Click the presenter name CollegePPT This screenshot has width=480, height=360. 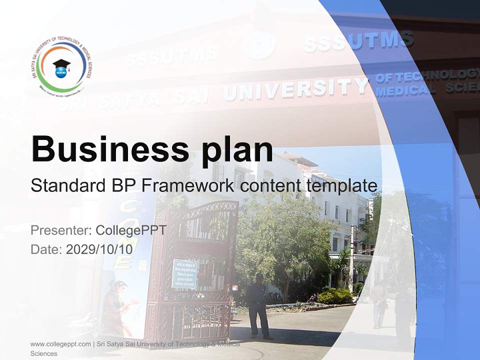pos(131,230)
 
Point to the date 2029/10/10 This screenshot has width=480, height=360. pos(99,249)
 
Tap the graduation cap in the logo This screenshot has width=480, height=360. pos(61,64)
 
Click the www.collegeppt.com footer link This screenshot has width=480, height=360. pos(60,344)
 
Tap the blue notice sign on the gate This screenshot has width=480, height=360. pos(184,273)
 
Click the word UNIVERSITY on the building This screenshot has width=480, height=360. pos(295,89)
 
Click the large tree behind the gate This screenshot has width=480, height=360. pos(285,235)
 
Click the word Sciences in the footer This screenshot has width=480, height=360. pos(44,353)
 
